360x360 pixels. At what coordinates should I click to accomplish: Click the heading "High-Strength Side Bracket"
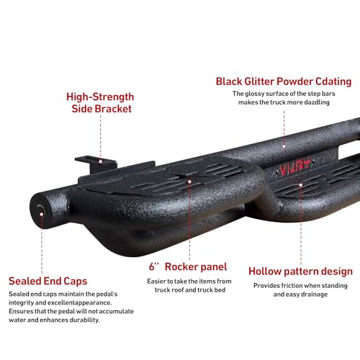100,103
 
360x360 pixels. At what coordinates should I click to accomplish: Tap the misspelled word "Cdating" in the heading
333,81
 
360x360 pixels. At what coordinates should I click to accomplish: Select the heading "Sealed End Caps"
48,281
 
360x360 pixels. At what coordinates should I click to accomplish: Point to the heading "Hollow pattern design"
300,271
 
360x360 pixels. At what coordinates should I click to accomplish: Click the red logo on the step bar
296,166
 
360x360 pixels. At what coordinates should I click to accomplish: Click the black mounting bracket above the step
96,163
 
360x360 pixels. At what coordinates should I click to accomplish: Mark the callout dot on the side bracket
101,161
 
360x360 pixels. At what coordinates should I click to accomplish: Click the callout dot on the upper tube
284,146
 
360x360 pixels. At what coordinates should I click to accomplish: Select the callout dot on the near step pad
189,181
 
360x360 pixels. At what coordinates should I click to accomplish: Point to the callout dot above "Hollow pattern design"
301,185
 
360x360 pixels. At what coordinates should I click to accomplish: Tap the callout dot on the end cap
42,214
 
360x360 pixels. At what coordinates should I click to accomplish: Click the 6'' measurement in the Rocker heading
153,266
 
